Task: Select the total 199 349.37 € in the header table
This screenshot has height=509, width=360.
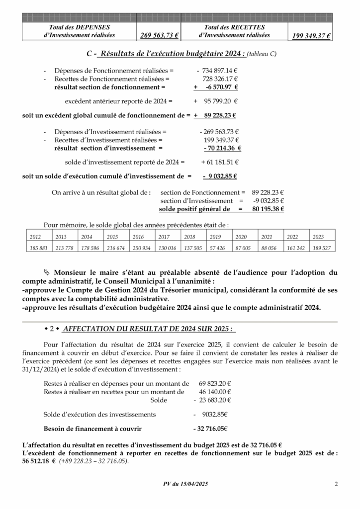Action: (x=311, y=36)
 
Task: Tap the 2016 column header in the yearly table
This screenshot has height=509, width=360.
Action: (x=138, y=237)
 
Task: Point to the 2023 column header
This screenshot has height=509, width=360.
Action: (x=318, y=237)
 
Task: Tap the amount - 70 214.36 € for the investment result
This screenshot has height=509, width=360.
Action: (x=222, y=148)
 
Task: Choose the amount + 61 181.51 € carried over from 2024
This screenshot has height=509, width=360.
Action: (x=220, y=162)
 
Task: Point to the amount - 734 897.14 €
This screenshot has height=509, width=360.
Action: (x=217, y=71)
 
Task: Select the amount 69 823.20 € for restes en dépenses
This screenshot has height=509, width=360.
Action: (x=215, y=383)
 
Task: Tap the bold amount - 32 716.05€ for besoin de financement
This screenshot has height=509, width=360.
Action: (x=210, y=428)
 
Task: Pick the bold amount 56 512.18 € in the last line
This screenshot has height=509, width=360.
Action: (x=39, y=461)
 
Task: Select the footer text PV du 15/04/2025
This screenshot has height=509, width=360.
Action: (x=185, y=484)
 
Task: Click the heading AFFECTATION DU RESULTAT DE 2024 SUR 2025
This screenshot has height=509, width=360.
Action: (x=149, y=329)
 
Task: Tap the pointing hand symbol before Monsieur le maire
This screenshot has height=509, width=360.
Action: (x=47, y=272)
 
